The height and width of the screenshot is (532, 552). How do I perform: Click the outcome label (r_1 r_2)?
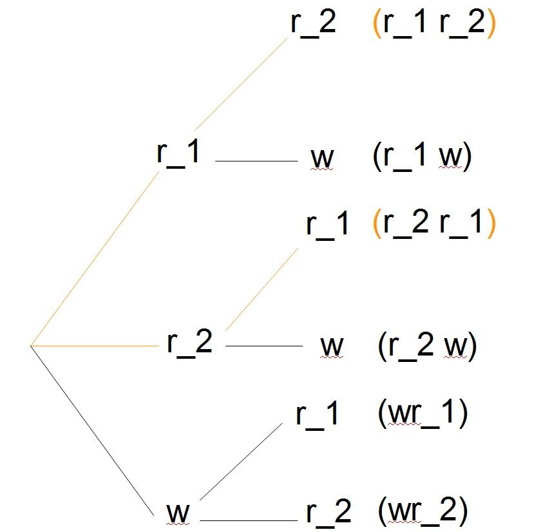point(434,23)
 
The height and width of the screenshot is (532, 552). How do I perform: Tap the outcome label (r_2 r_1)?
point(434,223)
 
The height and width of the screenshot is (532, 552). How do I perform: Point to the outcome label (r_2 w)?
point(428,347)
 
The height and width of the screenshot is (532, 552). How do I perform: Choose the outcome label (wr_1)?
point(423,413)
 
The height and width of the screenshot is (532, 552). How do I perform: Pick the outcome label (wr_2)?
point(423,511)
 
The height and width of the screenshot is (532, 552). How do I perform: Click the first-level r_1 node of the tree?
point(178,153)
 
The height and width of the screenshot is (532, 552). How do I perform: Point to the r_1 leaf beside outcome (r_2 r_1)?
point(327,225)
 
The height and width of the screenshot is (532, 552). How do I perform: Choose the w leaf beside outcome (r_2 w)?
point(332,346)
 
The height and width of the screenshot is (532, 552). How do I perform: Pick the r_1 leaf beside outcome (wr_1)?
point(317,415)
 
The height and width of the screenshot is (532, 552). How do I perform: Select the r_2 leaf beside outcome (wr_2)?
point(328,513)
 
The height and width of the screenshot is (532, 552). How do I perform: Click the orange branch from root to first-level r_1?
point(95,258)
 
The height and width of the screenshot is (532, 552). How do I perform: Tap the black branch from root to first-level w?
point(92,431)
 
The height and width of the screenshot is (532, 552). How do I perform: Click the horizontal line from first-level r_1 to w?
point(256,161)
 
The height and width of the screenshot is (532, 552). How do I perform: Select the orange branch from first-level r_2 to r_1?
point(262,289)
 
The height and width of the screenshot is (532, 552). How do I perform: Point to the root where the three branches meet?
point(31,346)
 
